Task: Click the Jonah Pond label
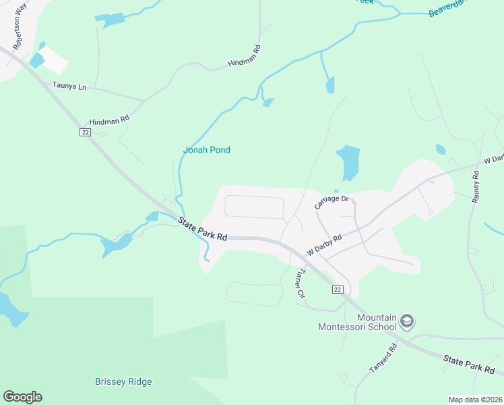(207, 150)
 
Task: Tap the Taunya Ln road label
(70, 86)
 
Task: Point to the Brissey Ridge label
(123, 381)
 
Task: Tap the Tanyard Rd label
(383, 358)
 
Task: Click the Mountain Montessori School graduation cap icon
(406, 321)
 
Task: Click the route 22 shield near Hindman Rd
(85, 132)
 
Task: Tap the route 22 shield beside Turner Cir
(338, 289)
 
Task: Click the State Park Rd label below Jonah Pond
(203, 230)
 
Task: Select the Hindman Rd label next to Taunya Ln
(104, 120)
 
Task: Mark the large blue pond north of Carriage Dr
(348, 161)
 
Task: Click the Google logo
(22, 397)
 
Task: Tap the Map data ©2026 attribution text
(475, 400)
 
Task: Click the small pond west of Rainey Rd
(441, 149)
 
